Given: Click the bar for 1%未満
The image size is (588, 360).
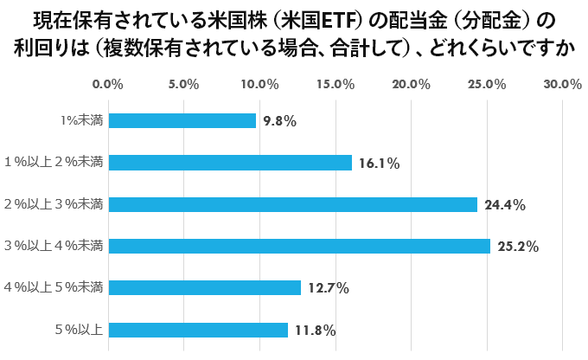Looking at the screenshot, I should pos(182,121).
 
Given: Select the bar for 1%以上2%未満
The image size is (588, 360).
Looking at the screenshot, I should pos(230,163).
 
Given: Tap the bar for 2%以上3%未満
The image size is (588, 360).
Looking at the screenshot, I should pos(293,204).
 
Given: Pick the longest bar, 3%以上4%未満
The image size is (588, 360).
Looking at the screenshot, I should pos(299,246).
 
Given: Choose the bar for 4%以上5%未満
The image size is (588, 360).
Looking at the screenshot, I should pos(205,287).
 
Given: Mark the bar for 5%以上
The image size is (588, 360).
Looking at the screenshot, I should pos(198,330).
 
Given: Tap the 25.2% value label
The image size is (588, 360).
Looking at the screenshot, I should pos(517,247).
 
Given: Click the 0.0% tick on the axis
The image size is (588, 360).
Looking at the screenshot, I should pos(108,84).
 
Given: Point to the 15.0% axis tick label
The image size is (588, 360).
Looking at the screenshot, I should pos(336,84).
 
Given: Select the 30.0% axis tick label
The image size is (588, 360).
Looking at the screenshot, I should pos(563,84).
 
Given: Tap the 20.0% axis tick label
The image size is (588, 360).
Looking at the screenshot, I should pos(412,84).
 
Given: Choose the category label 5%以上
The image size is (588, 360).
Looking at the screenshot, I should pos(80,330).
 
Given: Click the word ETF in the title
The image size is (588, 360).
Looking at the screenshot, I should pos(335,19).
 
